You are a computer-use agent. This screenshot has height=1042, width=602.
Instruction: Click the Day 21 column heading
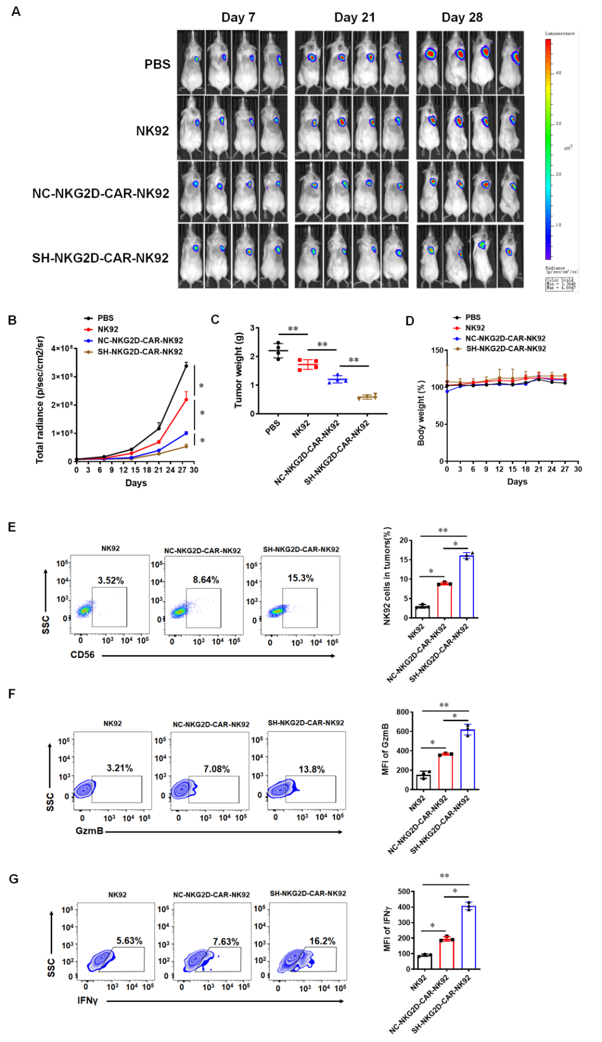[x=354, y=17]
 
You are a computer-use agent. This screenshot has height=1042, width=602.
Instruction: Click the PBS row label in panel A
[x=157, y=64]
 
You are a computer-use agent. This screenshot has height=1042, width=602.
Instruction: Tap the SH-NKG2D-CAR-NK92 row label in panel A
[x=100, y=258]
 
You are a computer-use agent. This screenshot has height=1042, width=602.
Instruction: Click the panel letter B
[x=12, y=320]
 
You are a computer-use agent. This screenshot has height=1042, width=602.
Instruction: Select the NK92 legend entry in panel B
[x=107, y=329]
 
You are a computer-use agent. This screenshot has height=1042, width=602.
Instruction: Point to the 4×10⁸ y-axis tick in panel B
[x=62, y=348]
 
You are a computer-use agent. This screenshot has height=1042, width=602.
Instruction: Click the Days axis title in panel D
[x=517, y=481]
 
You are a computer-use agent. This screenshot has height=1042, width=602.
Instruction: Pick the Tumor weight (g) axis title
[x=239, y=370]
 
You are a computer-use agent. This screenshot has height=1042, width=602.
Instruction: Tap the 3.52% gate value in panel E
[x=110, y=580]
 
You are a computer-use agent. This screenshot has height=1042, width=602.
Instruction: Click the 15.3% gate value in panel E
[x=300, y=578]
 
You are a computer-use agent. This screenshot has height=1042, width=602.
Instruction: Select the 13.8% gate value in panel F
[x=312, y=769]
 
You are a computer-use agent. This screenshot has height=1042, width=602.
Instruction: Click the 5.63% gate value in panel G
[x=129, y=940]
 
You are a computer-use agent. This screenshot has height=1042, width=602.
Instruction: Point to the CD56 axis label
[x=82, y=654]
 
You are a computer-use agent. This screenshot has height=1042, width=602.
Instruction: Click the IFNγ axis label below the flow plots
[x=88, y=1000]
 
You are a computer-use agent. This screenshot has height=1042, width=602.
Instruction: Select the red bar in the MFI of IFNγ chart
[x=446, y=954]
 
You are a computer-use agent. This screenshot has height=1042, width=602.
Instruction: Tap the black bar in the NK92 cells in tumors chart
[x=423, y=611]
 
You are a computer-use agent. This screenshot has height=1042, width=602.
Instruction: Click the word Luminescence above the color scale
[x=559, y=33]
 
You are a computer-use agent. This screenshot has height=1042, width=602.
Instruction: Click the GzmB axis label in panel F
[x=89, y=831]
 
